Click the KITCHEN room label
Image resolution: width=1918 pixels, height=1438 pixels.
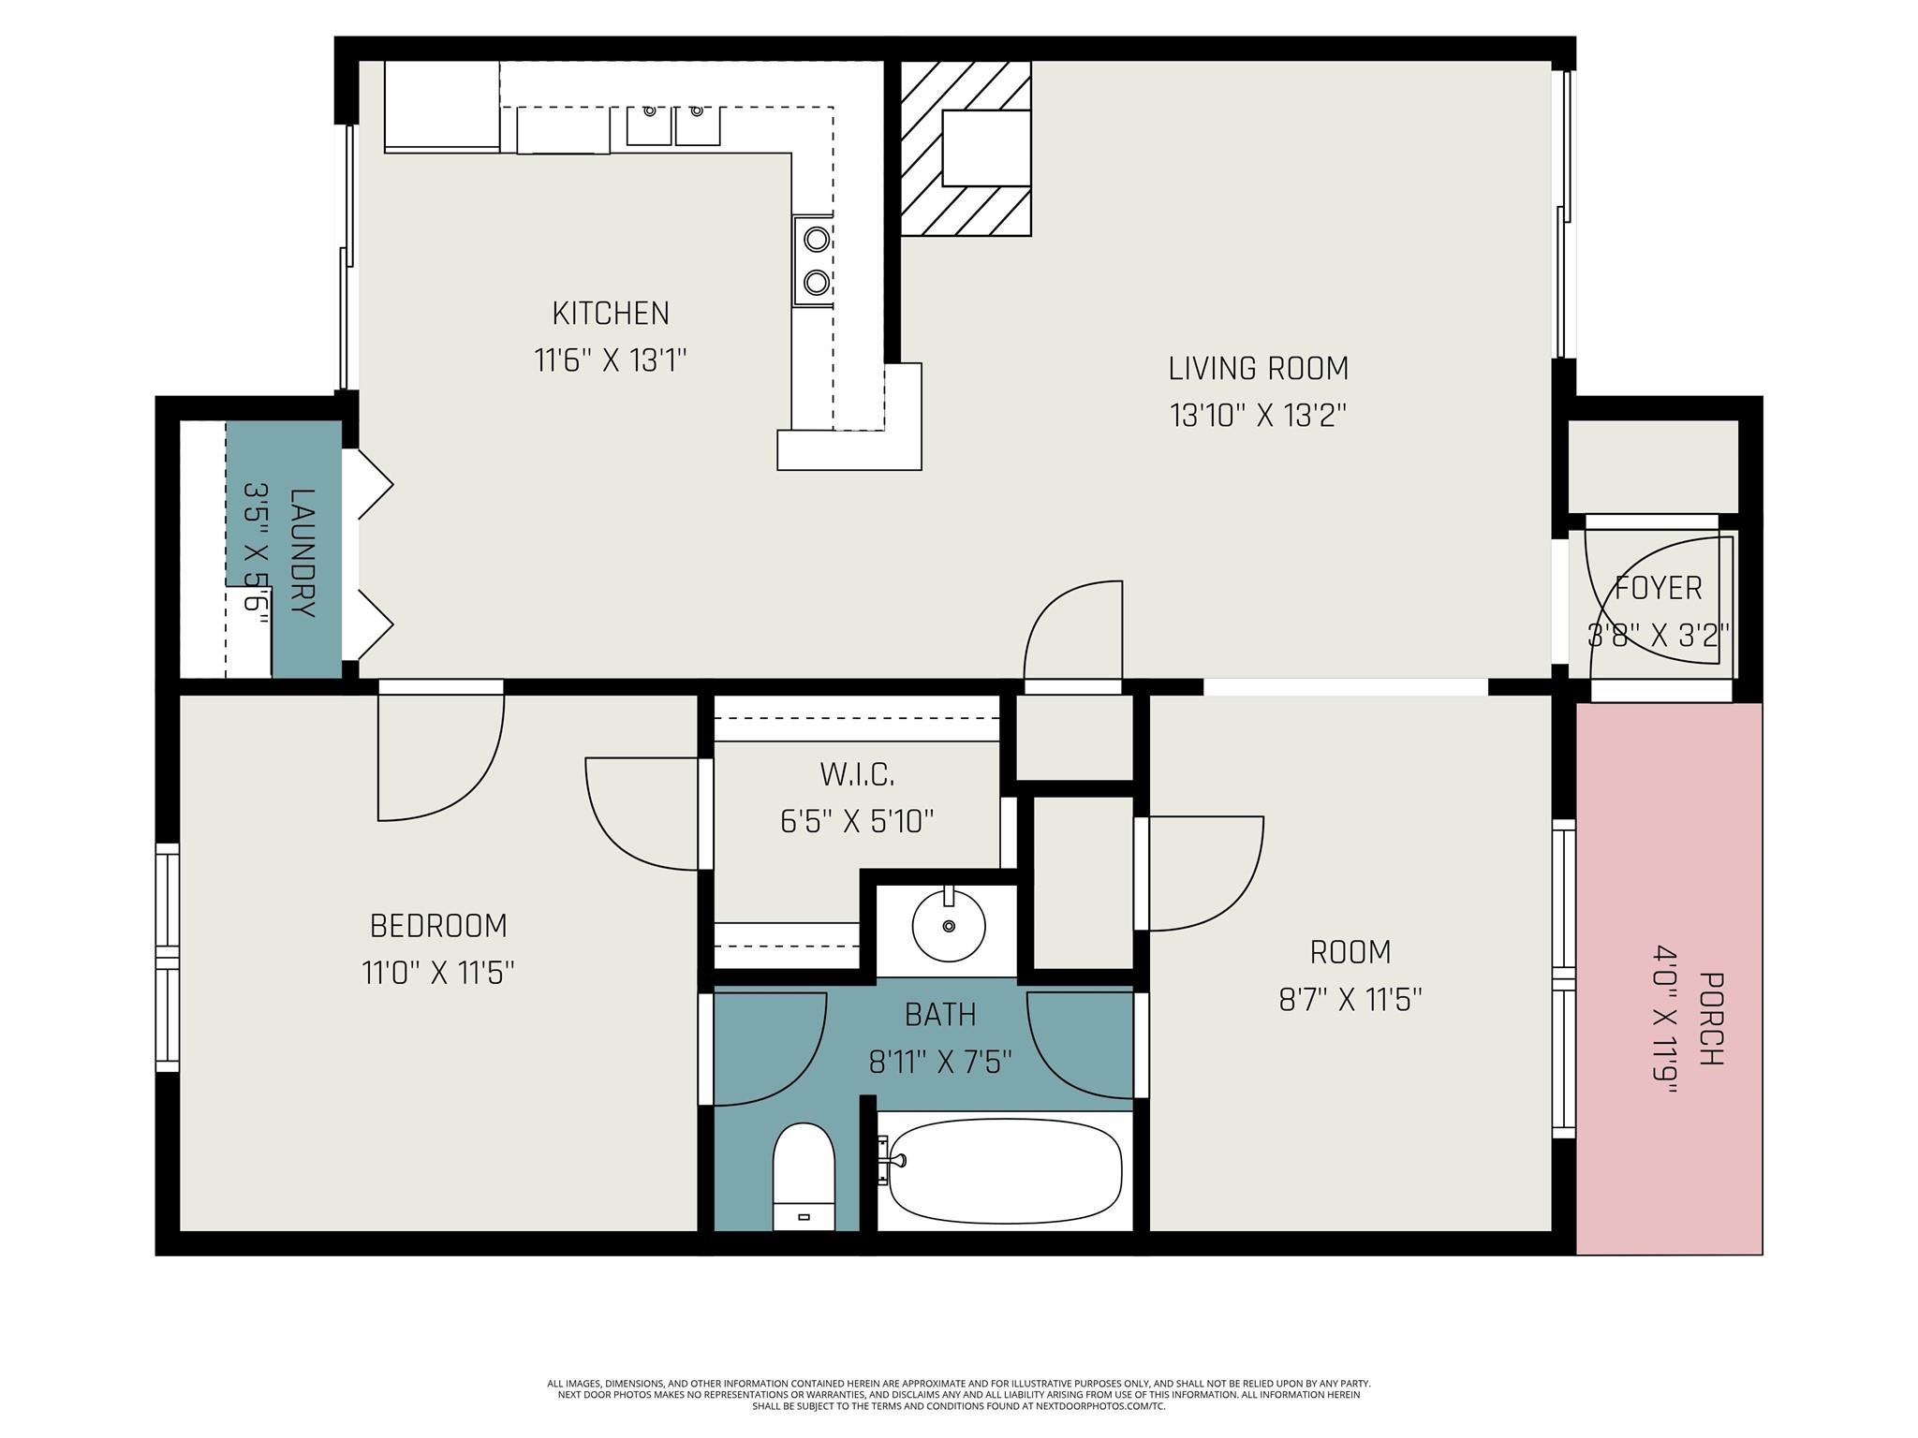pyautogui.click(x=611, y=314)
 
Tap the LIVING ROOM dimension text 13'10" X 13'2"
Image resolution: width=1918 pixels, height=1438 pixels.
pyautogui.click(x=1258, y=415)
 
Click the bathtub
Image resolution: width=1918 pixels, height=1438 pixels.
pyautogui.click(x=1005, y=1171)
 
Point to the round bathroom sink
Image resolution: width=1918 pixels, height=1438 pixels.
pyautogui.click(x=949, y=926)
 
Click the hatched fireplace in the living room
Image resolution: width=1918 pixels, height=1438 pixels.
pyautogui.click(x=965, y=148)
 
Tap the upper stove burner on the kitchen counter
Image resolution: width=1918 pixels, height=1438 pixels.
pyautogui.click(x=817, y=240)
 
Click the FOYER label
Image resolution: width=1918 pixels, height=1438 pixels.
pyautogui.click(x=1659, y=588)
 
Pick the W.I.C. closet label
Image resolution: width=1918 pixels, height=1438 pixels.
pyautogui.click(x=857, y=774)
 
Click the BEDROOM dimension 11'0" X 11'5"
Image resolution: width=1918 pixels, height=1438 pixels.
pyautogui.click(x=438, y=974)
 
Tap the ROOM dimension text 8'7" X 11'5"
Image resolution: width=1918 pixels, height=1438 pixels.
pyautogui.click(x=1350, y=1000)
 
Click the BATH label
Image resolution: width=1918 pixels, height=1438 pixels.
pyautogui.click(x=940, y=1015)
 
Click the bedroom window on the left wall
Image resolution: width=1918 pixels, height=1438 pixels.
pyautogui.click(x=167, y=958)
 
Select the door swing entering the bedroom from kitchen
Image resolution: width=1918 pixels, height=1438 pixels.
pyautogui.click(x=440, y=754)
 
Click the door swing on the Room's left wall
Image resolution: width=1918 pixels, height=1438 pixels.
pyautogui.click(x=1203, y=873)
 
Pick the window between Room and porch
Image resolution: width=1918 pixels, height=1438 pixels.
pyautogui.click(x=1563, y=978)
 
